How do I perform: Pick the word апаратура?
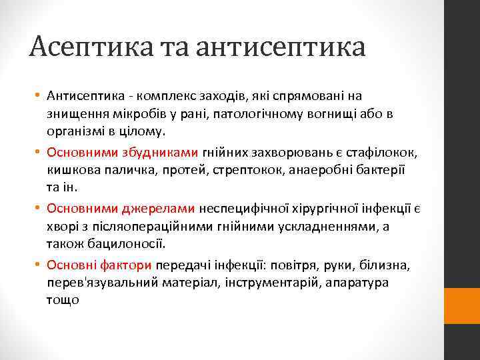[373, 283]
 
